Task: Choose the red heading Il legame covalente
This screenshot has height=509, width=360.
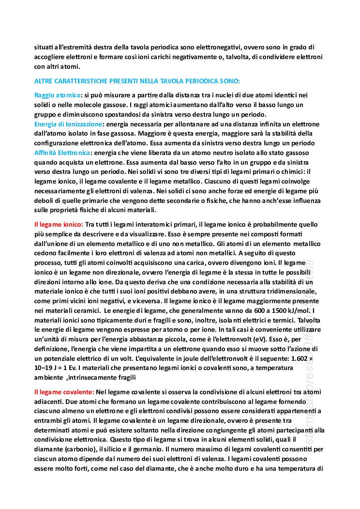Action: click(x=64, y=391)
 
